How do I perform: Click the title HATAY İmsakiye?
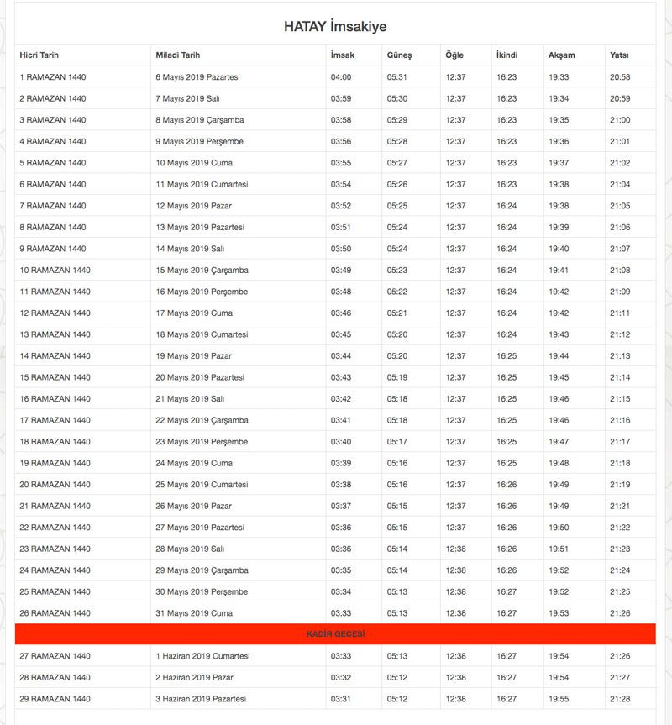click(335, 26)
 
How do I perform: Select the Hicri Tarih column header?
click(39, 55)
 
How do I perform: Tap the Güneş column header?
click(399, 55)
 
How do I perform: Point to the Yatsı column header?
click(619, 55)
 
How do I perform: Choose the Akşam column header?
click(562, 55)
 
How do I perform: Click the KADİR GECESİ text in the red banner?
click(335, 634)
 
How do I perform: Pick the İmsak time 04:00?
click(341, 77)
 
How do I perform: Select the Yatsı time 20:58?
click(620, 77)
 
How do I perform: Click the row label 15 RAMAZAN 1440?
click(55, 377)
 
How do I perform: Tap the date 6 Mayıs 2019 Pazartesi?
click(198, 77)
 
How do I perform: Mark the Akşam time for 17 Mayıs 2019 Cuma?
click(559, 313)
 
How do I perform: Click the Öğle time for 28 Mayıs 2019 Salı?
click(455, 549)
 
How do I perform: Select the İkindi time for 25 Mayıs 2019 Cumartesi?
click(507, 485)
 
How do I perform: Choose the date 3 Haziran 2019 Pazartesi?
click(201, 699)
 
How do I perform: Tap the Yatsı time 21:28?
click(620, 699)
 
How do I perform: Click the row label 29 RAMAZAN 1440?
click(55, 699)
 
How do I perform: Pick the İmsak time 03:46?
click(341, 313)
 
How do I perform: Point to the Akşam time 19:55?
click(559, 699)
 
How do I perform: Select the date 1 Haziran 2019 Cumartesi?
click(202, 656)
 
